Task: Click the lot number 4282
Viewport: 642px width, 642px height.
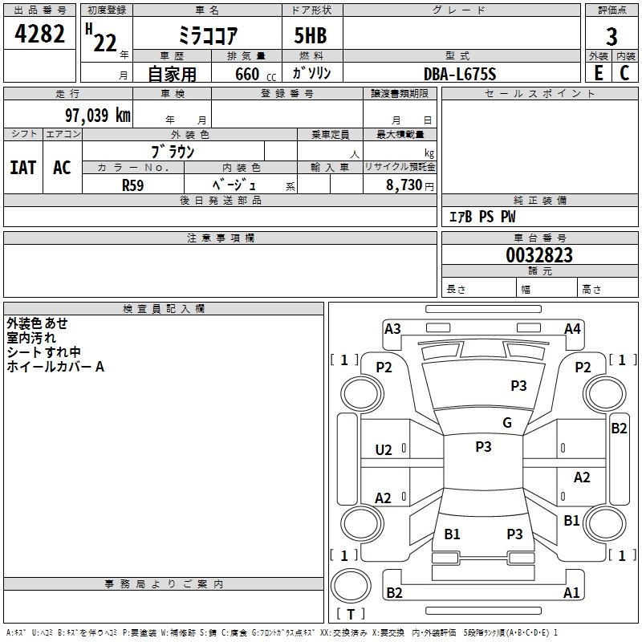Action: (39, 34)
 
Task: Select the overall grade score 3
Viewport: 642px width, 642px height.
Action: (612, 37)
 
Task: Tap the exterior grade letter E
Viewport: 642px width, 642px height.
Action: (598, 73)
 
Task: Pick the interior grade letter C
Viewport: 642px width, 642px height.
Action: (624, 73)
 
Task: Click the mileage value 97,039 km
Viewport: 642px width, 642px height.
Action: (98, 116)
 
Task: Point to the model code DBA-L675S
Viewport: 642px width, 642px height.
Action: (460, 74)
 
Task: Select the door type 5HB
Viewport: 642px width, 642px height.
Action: (311, 35)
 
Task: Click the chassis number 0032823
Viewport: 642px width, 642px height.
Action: (539, 255)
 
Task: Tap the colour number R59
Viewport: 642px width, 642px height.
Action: (133, 185)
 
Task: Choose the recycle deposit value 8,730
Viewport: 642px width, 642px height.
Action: (404, 185)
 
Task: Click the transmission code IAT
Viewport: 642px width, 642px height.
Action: (23, 168)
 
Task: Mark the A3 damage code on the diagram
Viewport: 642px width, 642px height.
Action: (392, 329)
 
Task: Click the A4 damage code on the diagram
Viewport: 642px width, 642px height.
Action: (572, 329)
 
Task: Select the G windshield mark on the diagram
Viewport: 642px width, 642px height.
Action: (507, 423)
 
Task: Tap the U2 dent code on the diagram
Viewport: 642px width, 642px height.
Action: (384, 450)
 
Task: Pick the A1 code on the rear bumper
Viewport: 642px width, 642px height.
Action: (571, 592)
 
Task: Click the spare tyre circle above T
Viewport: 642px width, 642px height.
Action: (351, 585)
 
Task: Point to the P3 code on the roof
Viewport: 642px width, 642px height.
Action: (483, 447)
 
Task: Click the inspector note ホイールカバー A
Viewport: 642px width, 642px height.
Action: (55, 367)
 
